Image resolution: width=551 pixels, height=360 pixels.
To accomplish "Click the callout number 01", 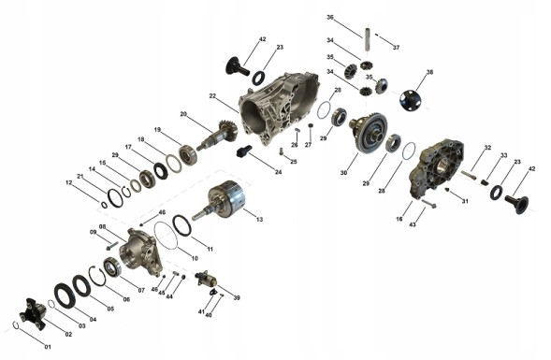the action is (48, 347).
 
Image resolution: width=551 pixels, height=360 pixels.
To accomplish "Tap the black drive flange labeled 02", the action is (34, 313).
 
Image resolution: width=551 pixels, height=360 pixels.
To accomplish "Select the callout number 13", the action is (259, 220).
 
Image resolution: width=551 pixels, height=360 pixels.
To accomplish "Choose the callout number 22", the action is (212, 96).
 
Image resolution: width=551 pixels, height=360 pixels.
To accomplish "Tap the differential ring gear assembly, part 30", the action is (369, 133).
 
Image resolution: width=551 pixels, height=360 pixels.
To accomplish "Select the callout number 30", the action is (343, 173).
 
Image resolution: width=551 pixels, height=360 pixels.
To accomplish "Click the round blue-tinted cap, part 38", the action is (410, 98).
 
